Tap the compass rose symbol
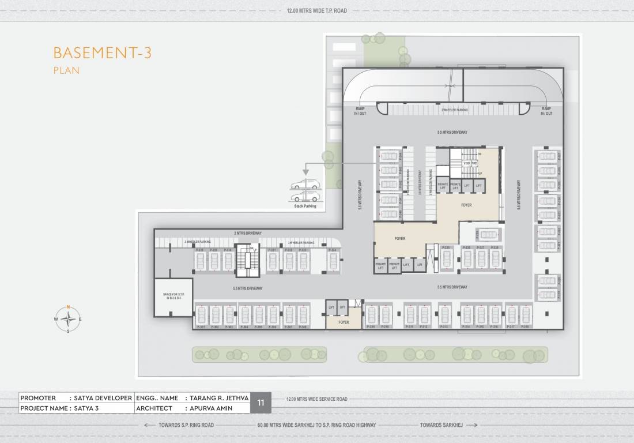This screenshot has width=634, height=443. tap(68, 318)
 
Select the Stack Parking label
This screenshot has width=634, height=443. tap(305, 206)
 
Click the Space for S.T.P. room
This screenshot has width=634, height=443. tap(172, 297)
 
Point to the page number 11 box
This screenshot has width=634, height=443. tap(260, 403)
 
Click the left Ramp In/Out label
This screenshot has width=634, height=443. tap(360, 111)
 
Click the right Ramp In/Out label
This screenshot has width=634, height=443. tap(546, 111)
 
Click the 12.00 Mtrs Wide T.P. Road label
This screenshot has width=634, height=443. tap(316, 11)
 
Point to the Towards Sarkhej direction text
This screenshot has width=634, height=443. tap(441, 425)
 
